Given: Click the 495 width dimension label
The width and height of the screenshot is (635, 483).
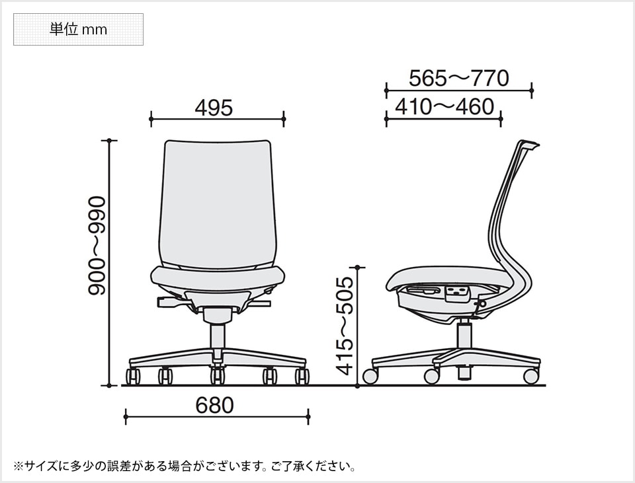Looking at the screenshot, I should point(214,108).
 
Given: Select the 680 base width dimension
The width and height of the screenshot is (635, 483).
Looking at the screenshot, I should point(215,405).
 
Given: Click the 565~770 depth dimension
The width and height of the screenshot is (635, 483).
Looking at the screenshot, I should point(458,79).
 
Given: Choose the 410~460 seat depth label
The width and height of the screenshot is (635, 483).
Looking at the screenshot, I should point(444,106).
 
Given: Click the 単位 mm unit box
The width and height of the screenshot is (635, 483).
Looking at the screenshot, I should point(78,30).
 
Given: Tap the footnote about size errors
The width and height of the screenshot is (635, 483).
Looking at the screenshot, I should point(185,466).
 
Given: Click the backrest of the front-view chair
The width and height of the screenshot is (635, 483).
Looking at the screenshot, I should point(217,202).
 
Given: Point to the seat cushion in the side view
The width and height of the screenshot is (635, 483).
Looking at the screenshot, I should point(450,277).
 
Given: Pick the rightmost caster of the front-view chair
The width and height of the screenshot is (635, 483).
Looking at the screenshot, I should point(302,377).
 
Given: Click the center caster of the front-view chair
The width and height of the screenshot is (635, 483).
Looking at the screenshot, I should point(218,377).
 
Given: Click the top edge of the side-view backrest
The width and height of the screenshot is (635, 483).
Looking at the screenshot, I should point(529,143).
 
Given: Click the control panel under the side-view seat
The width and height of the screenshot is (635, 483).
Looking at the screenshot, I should point(456,292).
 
